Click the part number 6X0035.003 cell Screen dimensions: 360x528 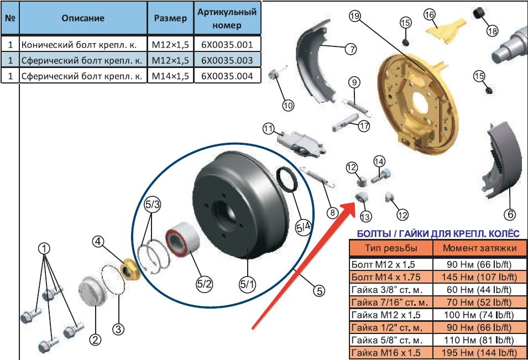[227, 60]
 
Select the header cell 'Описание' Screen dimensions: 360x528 [83, 18]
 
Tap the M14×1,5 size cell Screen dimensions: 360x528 [170, 75]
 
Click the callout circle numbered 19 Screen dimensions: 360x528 [355, 17]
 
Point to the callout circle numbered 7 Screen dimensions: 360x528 [351, 49]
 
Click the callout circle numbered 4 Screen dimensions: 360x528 [98, 241]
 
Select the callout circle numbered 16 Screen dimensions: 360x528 [430, 15]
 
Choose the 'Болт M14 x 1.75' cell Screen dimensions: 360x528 [390, 276]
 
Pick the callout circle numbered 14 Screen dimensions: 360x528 [379, 161]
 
